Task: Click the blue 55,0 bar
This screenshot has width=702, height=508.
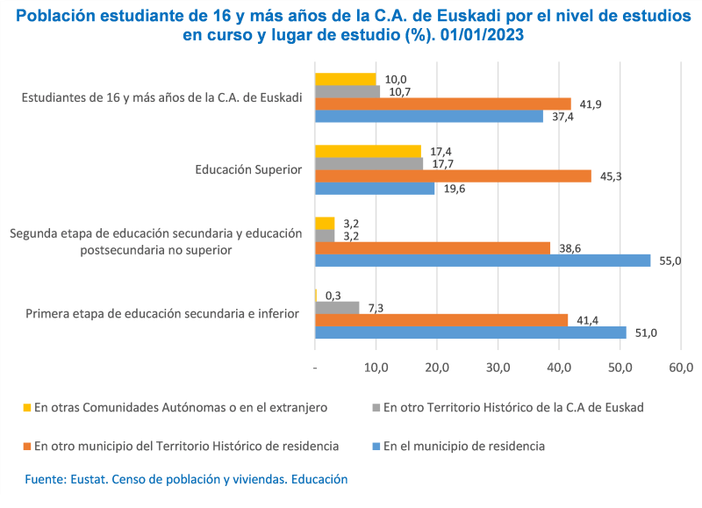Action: click(x=483, y=261)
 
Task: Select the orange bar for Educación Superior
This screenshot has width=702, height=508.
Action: click(x=453, y=175)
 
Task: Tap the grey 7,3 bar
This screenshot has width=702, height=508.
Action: click(x=337, y=308)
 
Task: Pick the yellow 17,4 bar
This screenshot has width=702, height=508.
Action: click(x=368, y=151)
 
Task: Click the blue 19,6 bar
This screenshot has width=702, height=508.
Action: click(x=375, y=188)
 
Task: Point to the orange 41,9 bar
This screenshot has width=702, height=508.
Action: click(x=442, y=104)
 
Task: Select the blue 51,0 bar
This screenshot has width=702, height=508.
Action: click(x=470, y=333)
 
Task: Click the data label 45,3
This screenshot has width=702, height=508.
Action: click(x=612, y=176)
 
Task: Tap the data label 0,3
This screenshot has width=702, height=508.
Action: click(x=333, y=296)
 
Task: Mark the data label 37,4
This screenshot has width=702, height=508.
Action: click(x=563, y=117)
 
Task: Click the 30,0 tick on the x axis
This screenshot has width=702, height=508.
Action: click(x=498, y=366)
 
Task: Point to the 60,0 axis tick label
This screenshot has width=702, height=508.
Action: click(x=681, y=366)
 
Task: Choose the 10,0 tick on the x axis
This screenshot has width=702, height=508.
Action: click(x=376, y=366)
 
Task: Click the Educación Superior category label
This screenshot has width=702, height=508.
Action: click(x=248, y=169)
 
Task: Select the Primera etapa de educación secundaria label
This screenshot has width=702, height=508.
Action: click(x=162, y=313)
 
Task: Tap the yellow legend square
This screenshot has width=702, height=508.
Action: click(x=27, y=407)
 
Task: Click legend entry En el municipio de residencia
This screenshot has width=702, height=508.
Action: click(x=462, y=446)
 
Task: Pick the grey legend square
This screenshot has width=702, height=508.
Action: click(x=375, y=407)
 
